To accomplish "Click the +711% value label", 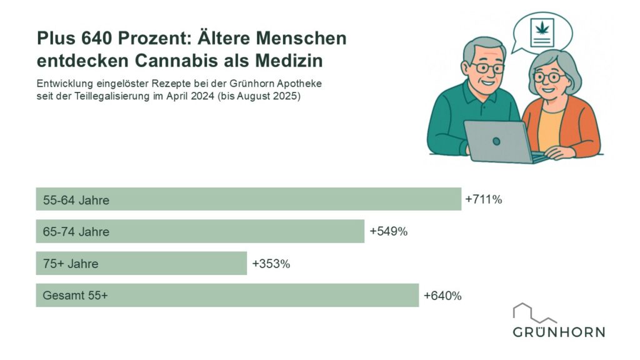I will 484,200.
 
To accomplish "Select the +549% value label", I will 388,232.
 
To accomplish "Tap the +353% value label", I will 271,264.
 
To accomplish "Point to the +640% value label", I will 442,296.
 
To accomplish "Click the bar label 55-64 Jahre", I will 76,201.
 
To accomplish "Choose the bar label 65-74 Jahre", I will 76,232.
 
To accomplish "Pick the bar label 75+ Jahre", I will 71,264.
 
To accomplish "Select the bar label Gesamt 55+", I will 75,296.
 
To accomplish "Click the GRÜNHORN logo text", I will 559,332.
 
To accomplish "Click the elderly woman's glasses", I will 549,78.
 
